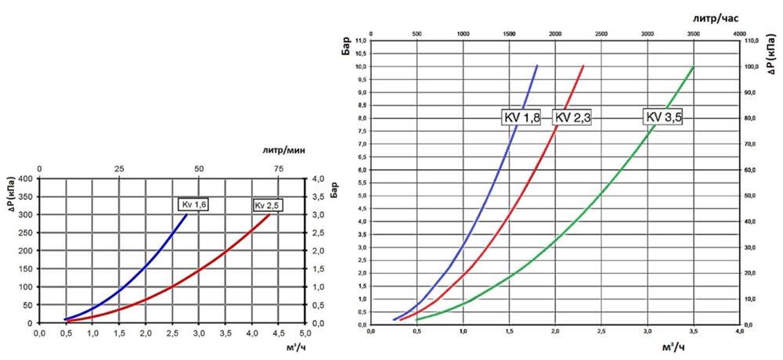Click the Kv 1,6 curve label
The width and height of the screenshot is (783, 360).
tap(193, 205)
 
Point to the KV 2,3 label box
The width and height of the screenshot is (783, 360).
tap(572, 117)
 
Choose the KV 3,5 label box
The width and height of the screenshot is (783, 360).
tap(663, 117)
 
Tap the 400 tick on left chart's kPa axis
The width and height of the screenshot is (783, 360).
tap(25, 178)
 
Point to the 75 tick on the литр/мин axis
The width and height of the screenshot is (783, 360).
tap(278, 169)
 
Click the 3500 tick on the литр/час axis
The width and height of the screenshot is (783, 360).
tap(693, 34)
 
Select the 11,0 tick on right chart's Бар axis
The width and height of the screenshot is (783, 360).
tap(360, 41)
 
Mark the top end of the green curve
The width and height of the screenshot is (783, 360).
tap(693, 67)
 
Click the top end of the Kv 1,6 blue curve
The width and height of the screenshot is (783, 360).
tap(186, 214)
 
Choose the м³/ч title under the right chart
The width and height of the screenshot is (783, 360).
tap(674, 347)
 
